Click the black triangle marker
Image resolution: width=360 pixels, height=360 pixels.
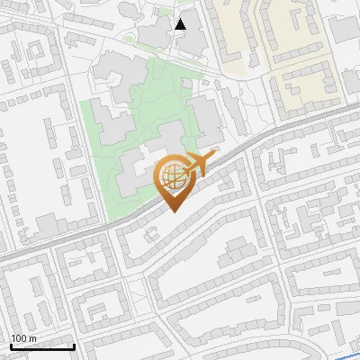click(x=181, y=24)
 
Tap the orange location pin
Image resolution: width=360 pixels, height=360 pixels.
click(x=173, y=180)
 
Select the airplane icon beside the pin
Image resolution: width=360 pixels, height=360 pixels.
click(x=196, y=164)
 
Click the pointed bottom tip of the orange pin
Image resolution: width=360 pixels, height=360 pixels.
click(x=173, y=211)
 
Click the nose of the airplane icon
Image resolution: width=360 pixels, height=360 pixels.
click(x=212, y=156)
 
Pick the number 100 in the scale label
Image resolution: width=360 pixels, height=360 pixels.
click(x=18, y=338)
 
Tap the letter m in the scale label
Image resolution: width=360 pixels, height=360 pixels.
click(x=32, y=338)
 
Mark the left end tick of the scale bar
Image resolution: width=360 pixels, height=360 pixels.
click(x=10, y=345)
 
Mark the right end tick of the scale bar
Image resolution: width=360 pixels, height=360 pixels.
click(x=74, y=345)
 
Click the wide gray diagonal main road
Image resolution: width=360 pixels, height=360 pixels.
click(x=81, y=237)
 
